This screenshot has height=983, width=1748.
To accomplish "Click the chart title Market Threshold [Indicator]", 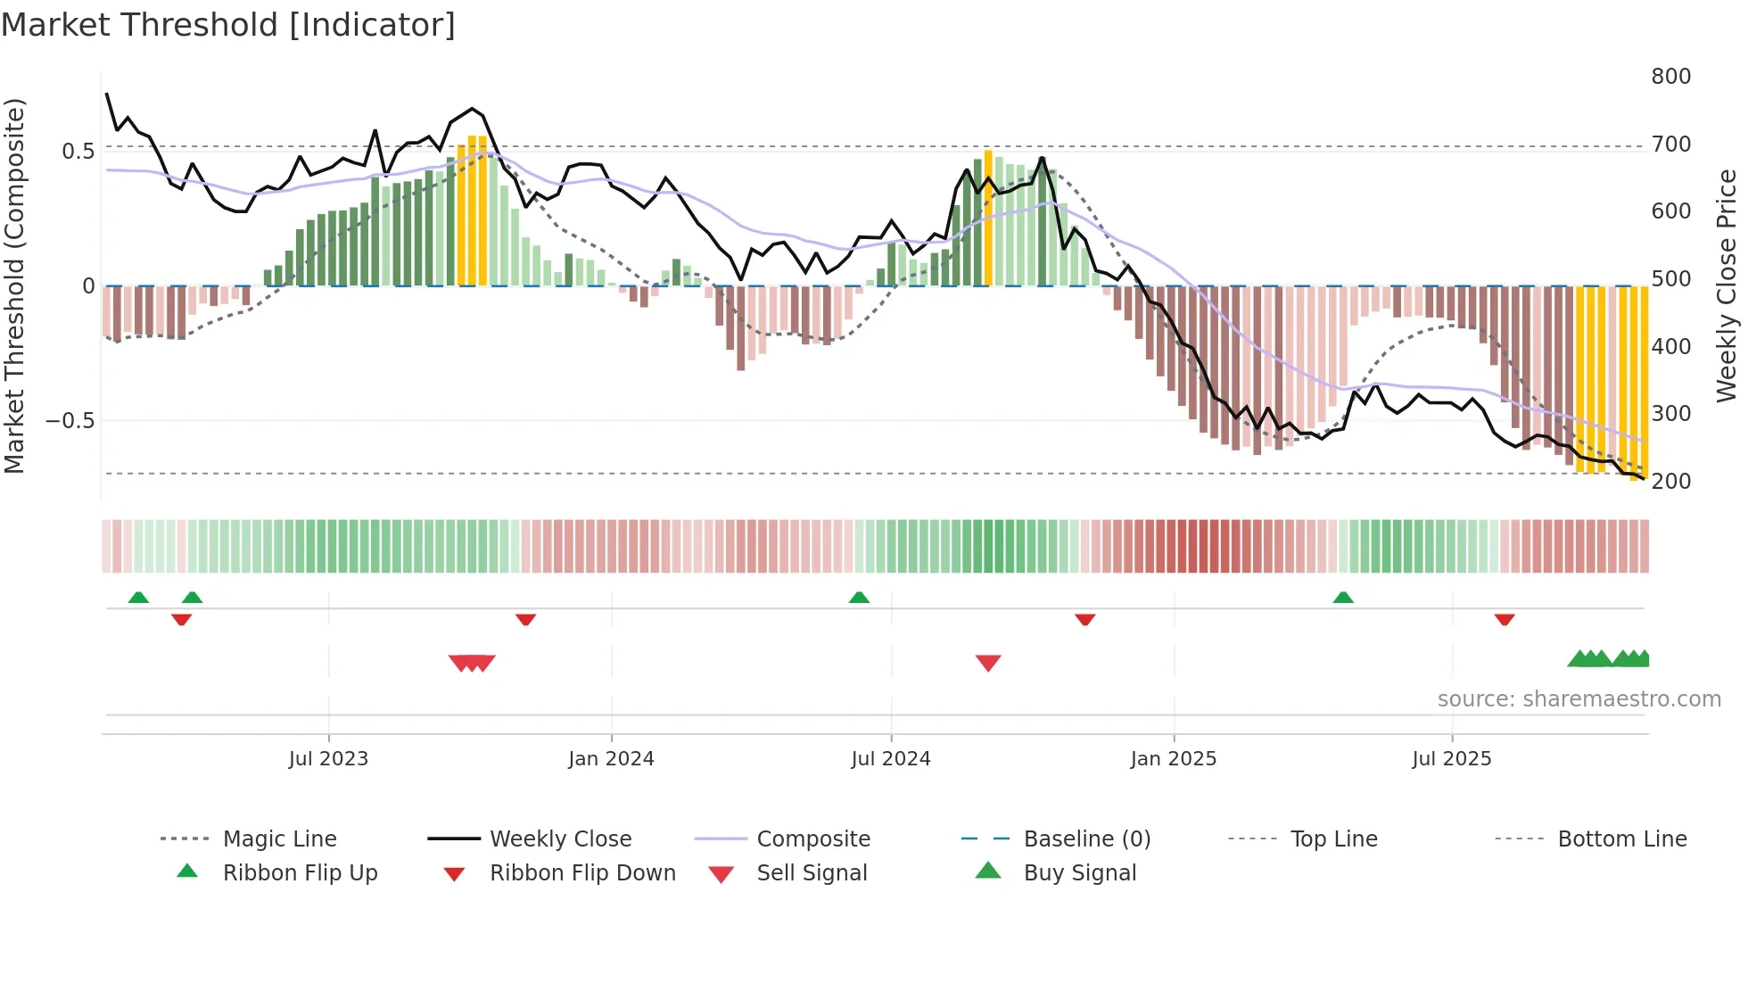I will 228,25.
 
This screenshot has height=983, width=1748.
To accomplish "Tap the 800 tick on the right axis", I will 1670,77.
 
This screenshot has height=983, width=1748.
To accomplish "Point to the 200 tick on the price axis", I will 1670,482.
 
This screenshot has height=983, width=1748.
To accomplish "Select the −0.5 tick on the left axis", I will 70,420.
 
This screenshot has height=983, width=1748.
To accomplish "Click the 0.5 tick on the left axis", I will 78,151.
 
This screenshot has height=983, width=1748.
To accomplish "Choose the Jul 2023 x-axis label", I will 328,759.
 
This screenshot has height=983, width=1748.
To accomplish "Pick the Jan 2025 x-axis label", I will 1173,759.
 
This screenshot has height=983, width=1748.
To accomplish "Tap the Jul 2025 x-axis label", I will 1451,759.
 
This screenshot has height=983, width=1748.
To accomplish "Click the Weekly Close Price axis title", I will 1727,285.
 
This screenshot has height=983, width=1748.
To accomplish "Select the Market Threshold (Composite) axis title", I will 14,285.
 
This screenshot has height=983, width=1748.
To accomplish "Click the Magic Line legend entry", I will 279,839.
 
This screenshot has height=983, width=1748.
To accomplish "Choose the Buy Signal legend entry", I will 1079,873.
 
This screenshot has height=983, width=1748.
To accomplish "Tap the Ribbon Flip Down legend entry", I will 582,873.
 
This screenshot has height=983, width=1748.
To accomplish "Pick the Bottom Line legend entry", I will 1621,839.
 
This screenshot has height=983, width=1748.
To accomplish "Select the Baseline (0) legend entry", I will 1086,839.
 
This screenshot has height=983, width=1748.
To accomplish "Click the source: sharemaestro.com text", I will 1579,699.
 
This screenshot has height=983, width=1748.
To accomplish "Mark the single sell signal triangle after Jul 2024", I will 988,663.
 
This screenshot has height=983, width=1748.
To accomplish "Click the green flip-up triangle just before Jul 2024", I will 859,598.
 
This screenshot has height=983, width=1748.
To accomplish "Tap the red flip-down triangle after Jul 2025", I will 1505,619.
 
